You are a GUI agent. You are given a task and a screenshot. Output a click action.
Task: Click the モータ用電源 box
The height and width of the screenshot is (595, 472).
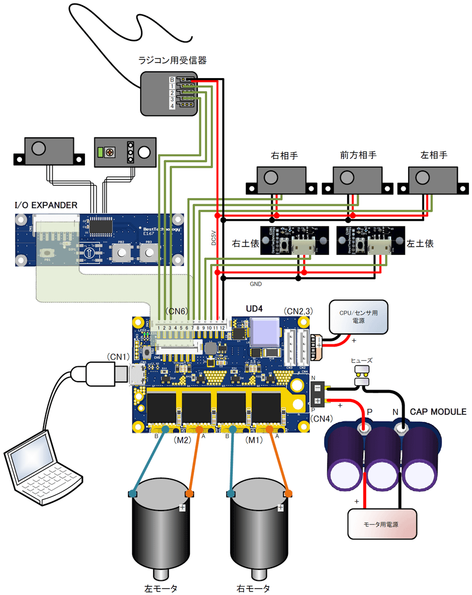[383, 523]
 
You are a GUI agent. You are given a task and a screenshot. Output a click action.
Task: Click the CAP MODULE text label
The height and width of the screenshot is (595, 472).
[438, 412]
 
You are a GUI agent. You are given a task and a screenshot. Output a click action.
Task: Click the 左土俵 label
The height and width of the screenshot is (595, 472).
[421, 243]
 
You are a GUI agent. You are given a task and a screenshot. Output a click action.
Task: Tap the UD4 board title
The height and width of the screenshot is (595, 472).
[254, 308]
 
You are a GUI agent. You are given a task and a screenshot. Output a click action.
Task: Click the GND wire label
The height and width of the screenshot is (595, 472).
[256, 284]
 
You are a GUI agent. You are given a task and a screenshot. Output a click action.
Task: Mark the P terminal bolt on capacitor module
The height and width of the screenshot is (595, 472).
[362, 429]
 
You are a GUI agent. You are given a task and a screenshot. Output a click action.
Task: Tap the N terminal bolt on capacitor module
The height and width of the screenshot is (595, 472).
[402, 429]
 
